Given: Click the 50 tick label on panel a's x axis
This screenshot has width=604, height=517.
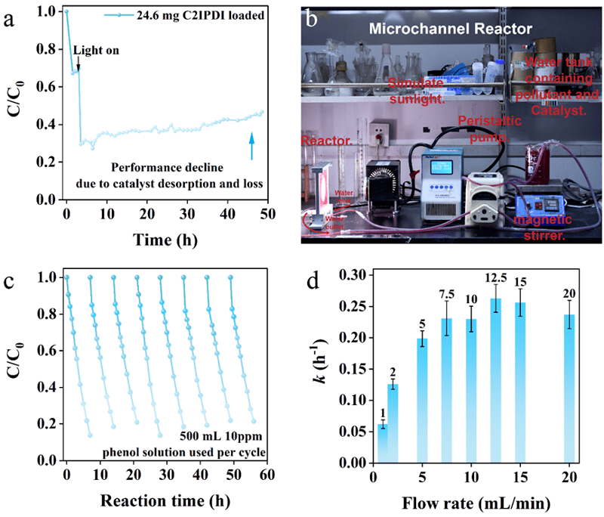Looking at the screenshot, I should [263, 213].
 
